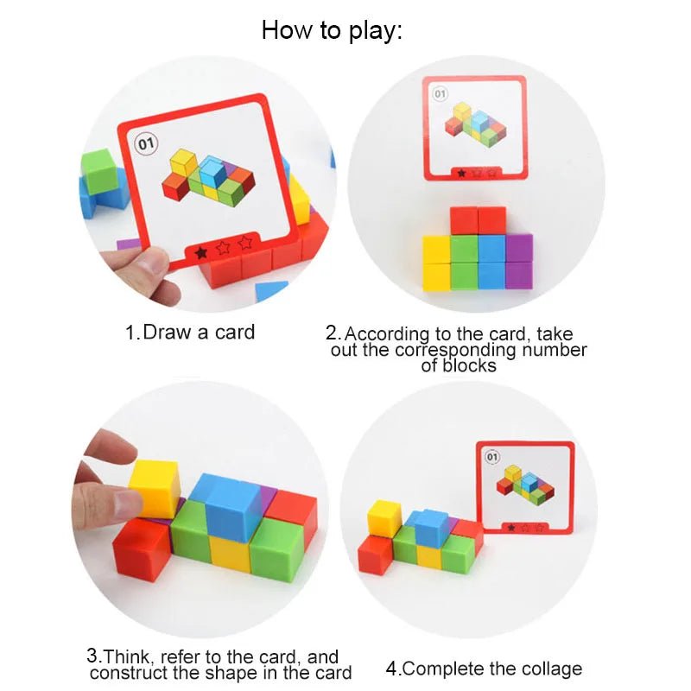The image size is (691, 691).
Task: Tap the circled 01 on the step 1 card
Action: pos(144,143)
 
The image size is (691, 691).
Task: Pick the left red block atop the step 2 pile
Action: pos(464,221)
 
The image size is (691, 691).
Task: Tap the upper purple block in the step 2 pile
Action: pos(518,248)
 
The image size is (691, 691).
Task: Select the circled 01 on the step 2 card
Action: pos(440,93)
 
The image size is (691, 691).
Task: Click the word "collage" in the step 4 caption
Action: pos(545,669)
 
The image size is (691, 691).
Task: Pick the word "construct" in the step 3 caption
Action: pos(128,674)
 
